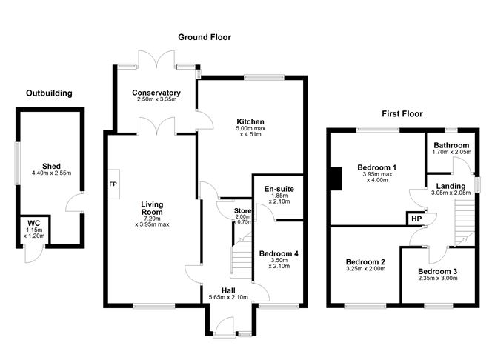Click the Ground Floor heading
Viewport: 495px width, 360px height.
click(204, 37)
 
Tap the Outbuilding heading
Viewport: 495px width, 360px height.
click(49, 93)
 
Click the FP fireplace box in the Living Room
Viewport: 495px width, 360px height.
click(113, 184)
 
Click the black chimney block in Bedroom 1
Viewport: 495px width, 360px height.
click(336, 179)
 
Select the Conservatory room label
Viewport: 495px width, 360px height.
click(156, 93)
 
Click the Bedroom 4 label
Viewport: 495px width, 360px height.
click(279, 254)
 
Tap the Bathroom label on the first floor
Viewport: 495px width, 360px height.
click(451, 145)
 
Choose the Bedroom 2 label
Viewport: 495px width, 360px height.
click(366, 262)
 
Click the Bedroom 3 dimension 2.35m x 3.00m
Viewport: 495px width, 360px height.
click(436, 280)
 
